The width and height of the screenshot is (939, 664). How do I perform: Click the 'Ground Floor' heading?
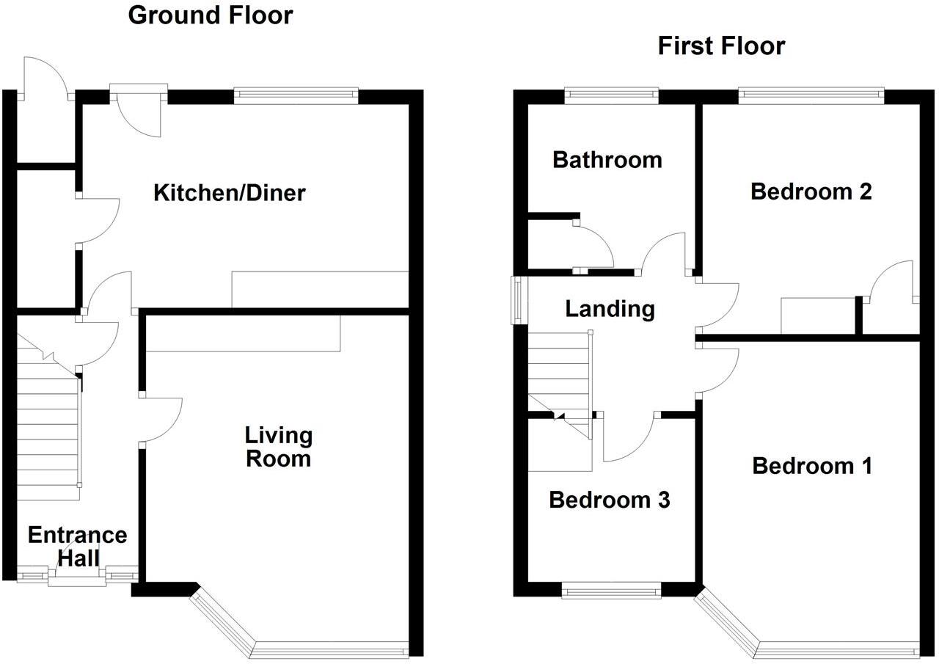click(211, 15)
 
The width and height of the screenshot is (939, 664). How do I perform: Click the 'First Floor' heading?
click(721, 46)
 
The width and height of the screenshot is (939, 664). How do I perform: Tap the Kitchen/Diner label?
click(229, 193)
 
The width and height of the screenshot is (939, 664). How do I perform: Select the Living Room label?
click(278, 447)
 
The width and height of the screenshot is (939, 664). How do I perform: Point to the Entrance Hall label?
click(77, 547)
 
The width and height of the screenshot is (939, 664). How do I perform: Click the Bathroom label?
click(607, 160)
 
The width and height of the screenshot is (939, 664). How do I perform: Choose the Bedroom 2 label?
click(811, 191)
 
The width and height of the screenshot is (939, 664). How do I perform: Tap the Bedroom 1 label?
click(812, 466)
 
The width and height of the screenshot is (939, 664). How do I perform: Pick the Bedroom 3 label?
click(609, 500)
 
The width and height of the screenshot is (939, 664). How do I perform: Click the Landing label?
click(610, 309)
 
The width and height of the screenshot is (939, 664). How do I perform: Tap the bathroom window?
click(611, 94)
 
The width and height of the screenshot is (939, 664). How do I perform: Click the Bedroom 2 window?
click(811, 94)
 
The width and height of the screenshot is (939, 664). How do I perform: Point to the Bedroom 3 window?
click(611, 591)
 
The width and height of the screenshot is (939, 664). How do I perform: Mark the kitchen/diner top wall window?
click(296, 94)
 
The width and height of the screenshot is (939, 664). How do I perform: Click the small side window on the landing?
click(518, 299)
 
